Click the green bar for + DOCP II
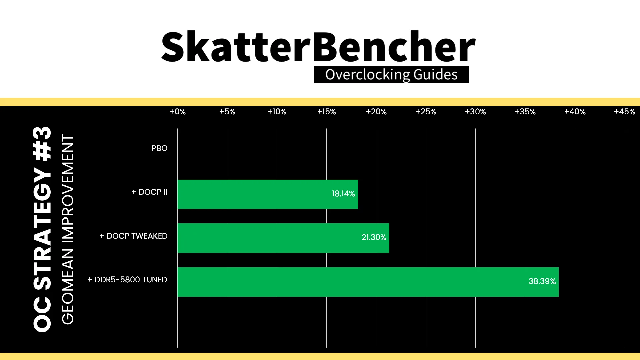click(268, 194)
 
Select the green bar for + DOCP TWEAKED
click(283, 238)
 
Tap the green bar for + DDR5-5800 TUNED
click(368, 282)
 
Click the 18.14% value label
click(343, 194)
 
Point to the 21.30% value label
click(374, 237)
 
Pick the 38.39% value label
click(542, 281)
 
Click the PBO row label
click(159, 148)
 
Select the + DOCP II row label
click(149, 192)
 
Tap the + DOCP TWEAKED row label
click(133, 236)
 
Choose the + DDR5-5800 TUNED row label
click(127, 280)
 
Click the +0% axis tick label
click(178, 112)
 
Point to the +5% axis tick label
click(227, 112)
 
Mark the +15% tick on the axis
click(327, 112)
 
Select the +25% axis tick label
click(426, 112)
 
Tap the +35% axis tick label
click(525, 112)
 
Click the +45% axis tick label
click(625, 112)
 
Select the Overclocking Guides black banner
click(391, 75)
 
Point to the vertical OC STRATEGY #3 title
click(42, 229)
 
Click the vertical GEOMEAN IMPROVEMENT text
click(68, 229)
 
